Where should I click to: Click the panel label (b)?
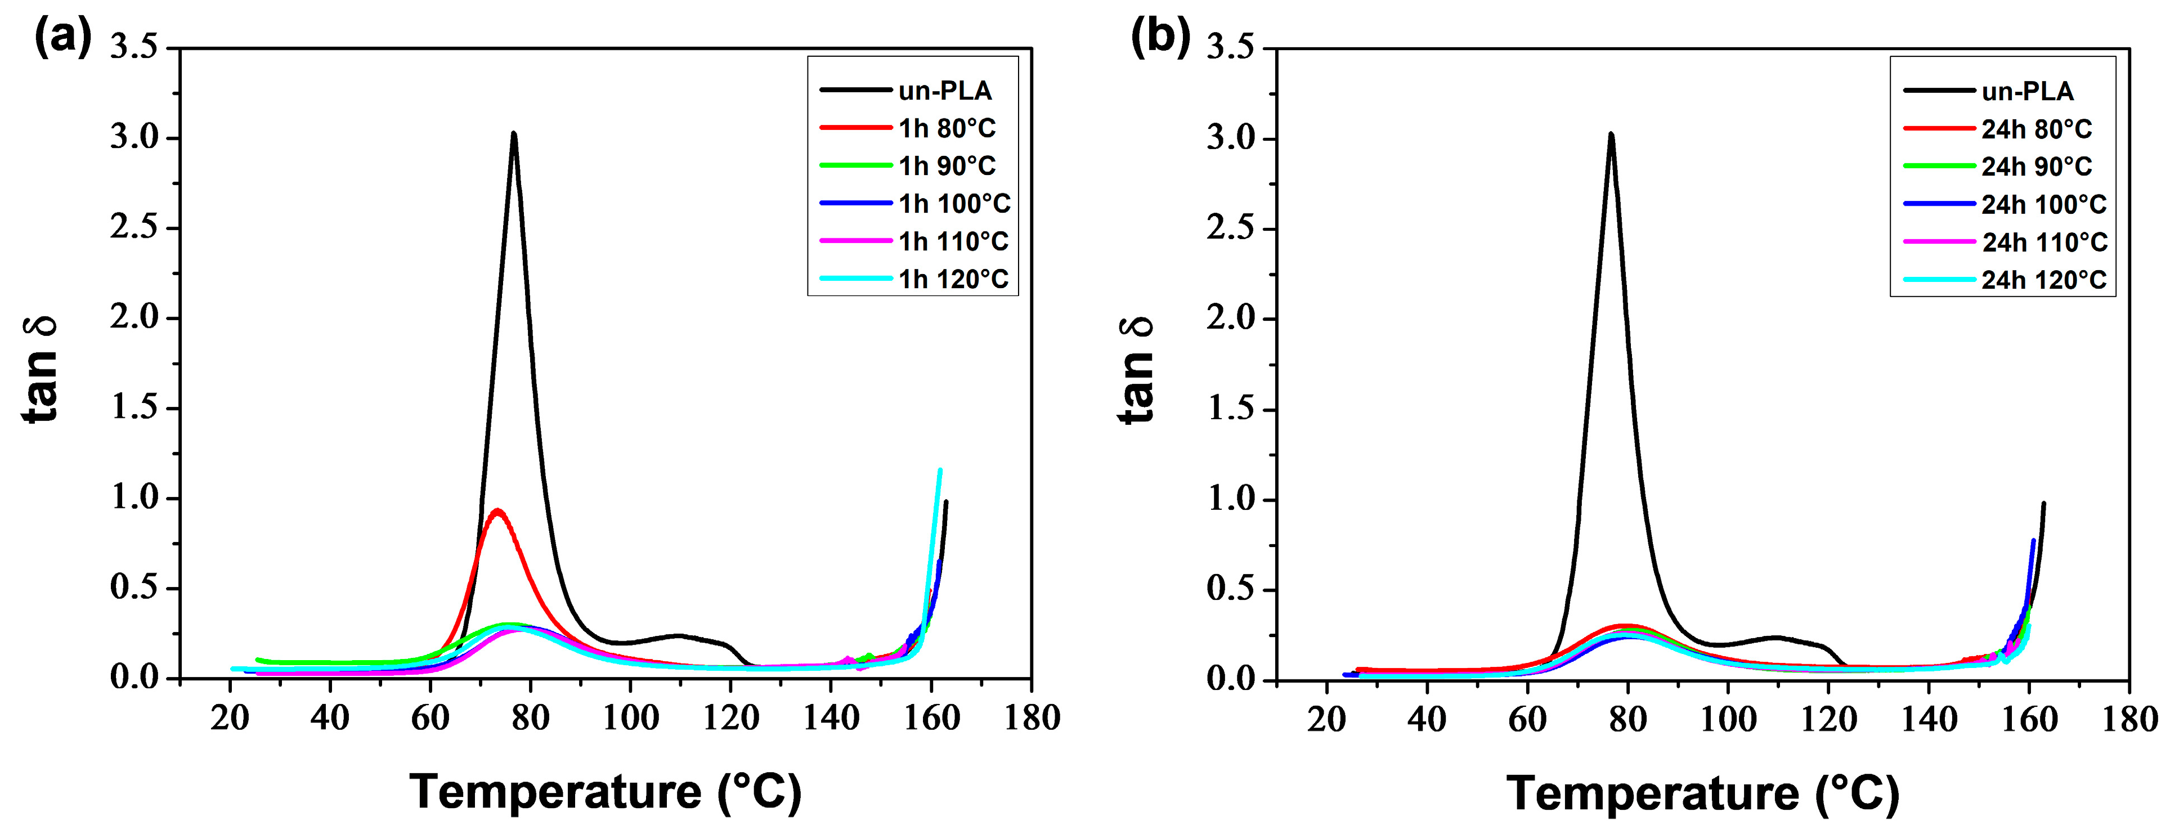[x=1160, y=37]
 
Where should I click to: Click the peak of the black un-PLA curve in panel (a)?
[x=513, y=133]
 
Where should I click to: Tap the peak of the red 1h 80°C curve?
[x=497, y=510]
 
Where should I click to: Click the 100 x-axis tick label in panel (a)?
[x=630, y=719]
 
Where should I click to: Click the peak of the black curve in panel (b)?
[x=1611, y=134]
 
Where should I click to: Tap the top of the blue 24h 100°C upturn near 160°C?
[x=2033, y=541]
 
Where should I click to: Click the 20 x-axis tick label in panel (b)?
[x=1327, y=720]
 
